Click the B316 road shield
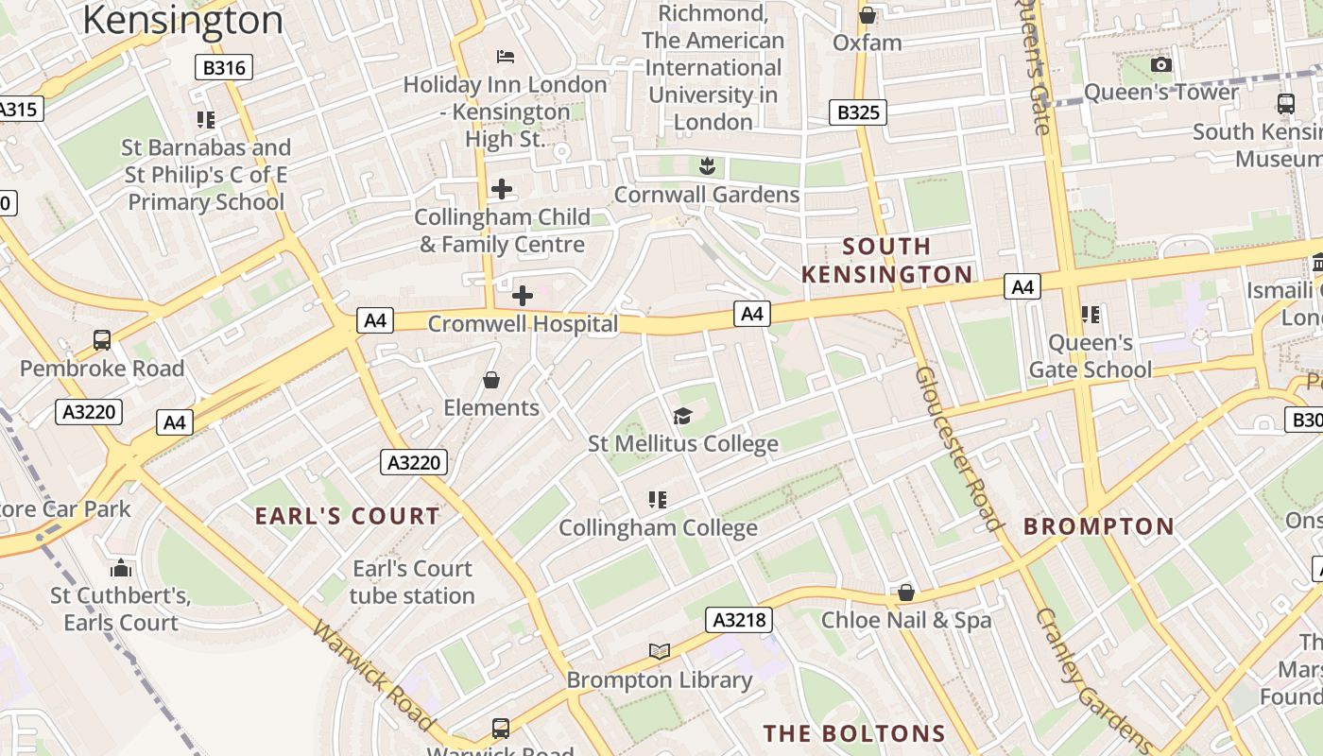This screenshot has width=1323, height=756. pyautogui.click(x=224, y=67)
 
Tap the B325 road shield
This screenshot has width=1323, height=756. pyautogui.click(x=858, y=112)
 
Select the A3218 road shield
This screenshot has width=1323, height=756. pyautogui.click(x=739, y=620)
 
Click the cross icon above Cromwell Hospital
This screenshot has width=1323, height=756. pyautogui.click(x=522, y=296)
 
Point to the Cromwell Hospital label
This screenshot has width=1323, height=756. pyautogui.click(x=523, y=324)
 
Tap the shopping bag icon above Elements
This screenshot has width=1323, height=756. pyautogui.click(x=490, y=380)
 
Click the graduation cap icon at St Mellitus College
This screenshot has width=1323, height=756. pyautogui.click(x=681, y=416)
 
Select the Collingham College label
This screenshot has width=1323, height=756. pyautogui.click(x=658, y=527)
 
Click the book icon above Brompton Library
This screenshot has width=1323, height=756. pyautogui.click(x=660, y=651)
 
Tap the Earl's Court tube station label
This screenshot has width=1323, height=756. pyautogui.click(x=412, y=582)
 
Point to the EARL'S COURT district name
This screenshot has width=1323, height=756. pyautogui.click(x=348, y=516)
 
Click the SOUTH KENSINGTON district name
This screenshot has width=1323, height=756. pyautogui.click(x=886, y=261)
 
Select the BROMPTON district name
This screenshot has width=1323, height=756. pyautogui.click(x=1099, y=526)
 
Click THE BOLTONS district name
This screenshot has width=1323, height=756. pyautogui.click(x=854, y=733)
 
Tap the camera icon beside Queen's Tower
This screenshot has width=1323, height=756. pyautogui.click(x=1161, y=64)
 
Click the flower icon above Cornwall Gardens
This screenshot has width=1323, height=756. pyautogui.click(x=707, y=167)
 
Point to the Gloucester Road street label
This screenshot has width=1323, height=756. pyautogui.click(x=957, y=448)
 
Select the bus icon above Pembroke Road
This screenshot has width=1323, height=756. pyautogui.click(x=102, y=340)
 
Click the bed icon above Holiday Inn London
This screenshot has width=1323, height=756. pyautogui.click(x=506, y=57)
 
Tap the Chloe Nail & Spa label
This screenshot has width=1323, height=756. pyautogui.click(x=906, y=620)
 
